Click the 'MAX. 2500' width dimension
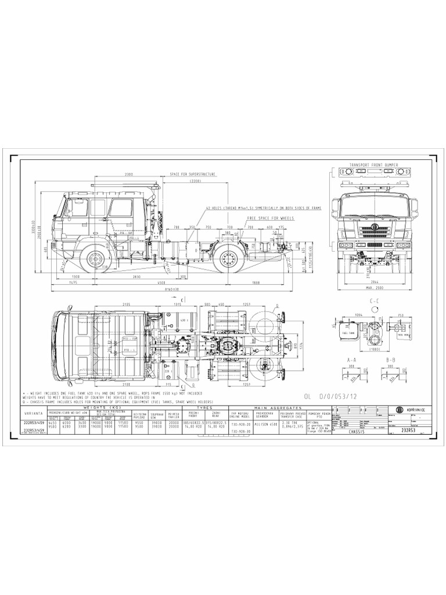pyautogui.click(x=375, y=288)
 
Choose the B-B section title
pyautogui.click(x=390, y=360)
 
